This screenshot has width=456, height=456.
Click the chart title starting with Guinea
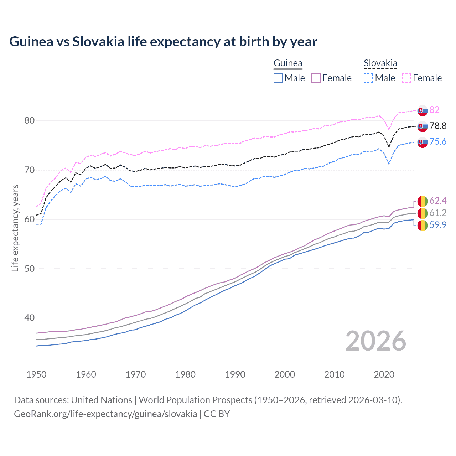point(163,42)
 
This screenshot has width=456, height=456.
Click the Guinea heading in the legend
point(287,63)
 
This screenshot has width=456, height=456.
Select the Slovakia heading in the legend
point(380,63)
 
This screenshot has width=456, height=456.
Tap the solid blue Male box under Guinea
point(278,78)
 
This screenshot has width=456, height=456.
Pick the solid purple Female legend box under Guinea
point(316,78)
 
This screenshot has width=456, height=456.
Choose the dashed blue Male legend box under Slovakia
point(368,78)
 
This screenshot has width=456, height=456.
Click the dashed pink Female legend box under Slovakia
point(406,78)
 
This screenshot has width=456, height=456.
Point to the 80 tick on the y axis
point(30,121)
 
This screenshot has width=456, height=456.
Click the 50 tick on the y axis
point(30,269)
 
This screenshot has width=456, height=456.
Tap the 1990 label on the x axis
point(235,374)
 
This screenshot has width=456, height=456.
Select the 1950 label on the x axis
point(36,374)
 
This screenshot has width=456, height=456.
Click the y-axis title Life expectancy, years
point(15,228)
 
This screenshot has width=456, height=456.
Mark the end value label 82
point(434,110)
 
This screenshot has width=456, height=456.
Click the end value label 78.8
point(438,126)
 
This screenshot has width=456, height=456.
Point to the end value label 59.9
point(438,225)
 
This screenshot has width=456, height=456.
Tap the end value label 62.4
point(438,201)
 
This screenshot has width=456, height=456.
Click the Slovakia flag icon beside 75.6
point(423,142)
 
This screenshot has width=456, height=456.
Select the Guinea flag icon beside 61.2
point(423,213)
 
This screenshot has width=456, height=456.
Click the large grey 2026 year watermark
point(376,341)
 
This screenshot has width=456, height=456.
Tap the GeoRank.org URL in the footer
point(105,414)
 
